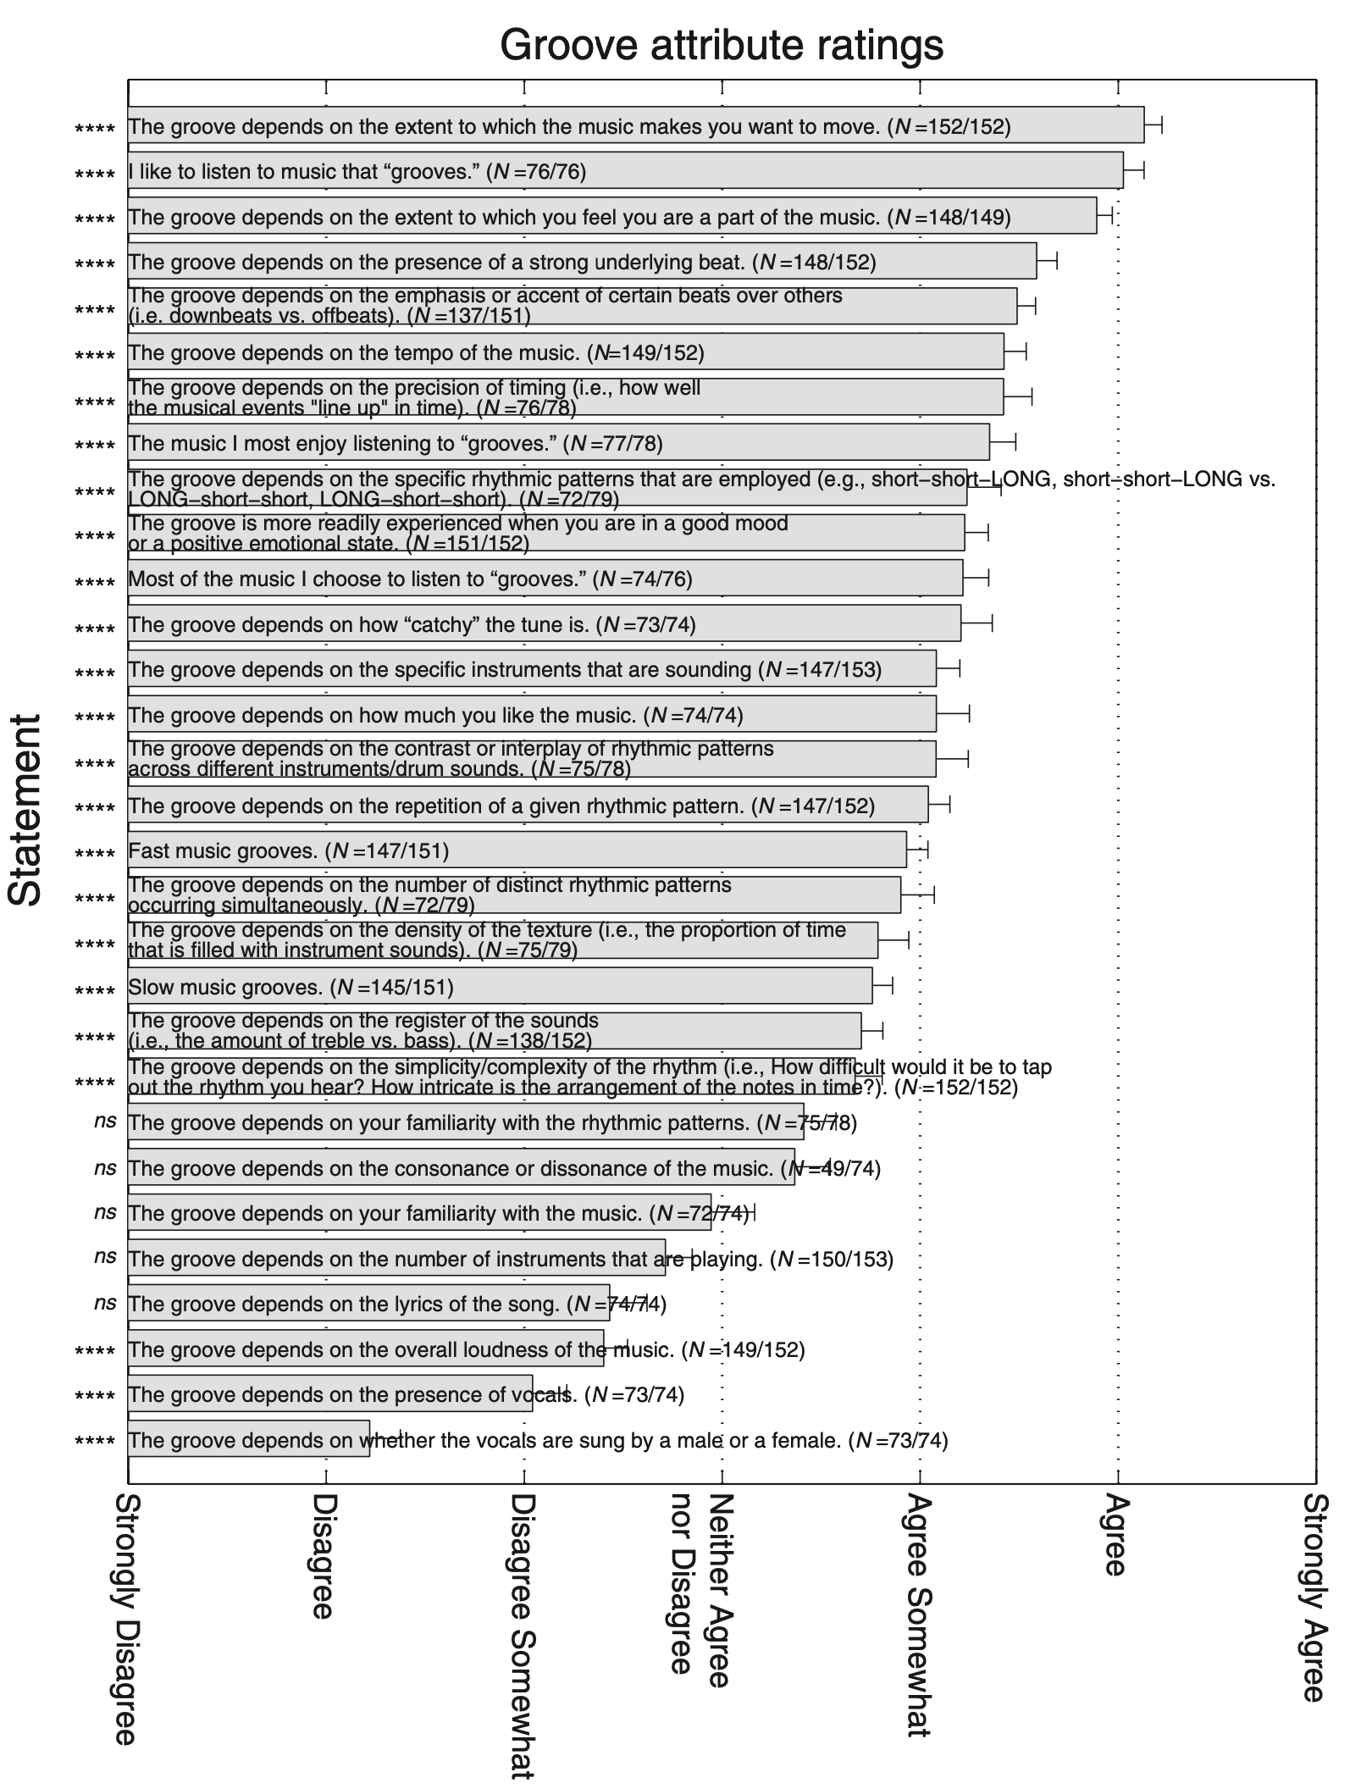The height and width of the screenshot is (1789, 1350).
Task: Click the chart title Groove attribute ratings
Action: pyautogui.click(x=722, y=44)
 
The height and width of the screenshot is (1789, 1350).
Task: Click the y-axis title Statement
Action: pyautogui.click(x=25, y=810)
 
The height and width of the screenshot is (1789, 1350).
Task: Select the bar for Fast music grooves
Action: pyautogui.click(x=517, y=850)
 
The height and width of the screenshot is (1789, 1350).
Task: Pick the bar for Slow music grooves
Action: pyautogui.click(x=500, y=986)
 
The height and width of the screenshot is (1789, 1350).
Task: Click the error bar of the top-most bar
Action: pyautogui.click(x=1153, y=125)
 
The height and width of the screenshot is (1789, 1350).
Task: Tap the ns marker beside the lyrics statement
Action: pyautogui.click(x=105, y=1302)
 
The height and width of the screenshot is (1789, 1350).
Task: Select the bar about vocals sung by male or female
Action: pyautogui.click(x=248, y=1439)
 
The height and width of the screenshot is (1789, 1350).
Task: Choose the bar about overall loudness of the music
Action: pyautogui.click(x=366, y=1349)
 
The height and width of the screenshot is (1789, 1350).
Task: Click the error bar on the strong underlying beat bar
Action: pyautogui.click(x=1047, y=261)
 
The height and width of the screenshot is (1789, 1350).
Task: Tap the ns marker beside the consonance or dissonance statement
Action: pyautogui.click(x=105, y=1168)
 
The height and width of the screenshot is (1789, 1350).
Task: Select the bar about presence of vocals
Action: pyautogui.click(x=330, y=1394)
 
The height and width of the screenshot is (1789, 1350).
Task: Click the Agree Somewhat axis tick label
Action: pyautogui.click(x=919, y=1614)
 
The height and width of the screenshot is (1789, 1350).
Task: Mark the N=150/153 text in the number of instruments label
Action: pyautogui.click(x=835, y=1259)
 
